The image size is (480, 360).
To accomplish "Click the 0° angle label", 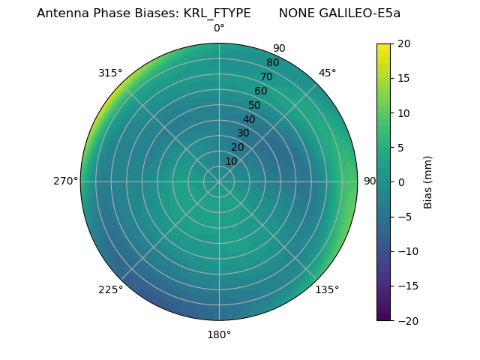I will pos(219,28).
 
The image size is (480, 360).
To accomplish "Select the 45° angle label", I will pos(327,73).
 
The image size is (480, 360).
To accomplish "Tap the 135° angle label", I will pos(327,289).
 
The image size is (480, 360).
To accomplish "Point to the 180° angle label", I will pos(219,334).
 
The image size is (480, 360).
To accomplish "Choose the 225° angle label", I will pos(110,289).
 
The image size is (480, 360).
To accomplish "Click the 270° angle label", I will pos(65,181).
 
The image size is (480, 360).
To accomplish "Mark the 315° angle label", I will pos(110,73).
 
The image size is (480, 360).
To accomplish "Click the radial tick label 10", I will pos(231,161).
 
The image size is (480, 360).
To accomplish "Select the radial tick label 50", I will pos(255,106).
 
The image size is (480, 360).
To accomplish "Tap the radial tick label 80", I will pos(272,63).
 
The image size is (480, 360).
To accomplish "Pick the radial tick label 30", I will pos(243,133).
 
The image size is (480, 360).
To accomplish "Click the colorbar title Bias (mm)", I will pos(428,181).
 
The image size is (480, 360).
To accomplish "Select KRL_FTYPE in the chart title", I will pos(217,13).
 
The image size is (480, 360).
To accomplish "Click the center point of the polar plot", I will pos(219,181).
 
